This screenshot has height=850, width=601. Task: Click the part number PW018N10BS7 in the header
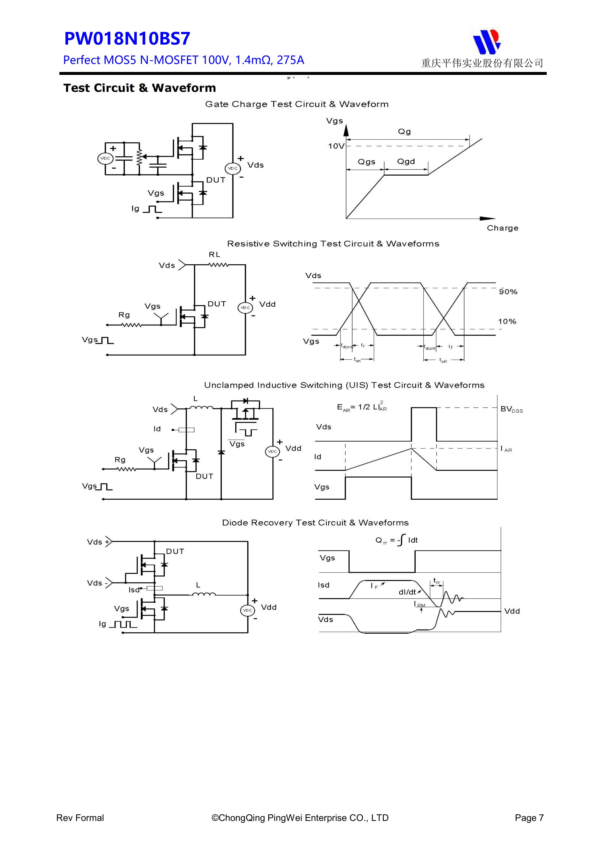point(127,39)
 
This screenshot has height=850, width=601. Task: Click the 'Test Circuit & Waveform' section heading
point(140,88)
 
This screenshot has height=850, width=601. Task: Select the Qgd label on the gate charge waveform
point(406,161)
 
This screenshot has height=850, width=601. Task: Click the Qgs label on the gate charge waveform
point(366,162)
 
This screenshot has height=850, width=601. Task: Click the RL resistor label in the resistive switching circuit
point(214,254)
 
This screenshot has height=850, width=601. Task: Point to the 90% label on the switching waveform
point(508,292)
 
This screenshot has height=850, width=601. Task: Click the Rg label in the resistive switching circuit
point(124,315)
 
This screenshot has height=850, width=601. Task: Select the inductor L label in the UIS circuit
point(196,399)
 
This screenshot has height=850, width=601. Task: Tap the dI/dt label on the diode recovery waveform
point(407,592)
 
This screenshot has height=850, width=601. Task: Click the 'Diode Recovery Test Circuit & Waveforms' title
point(315,523)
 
